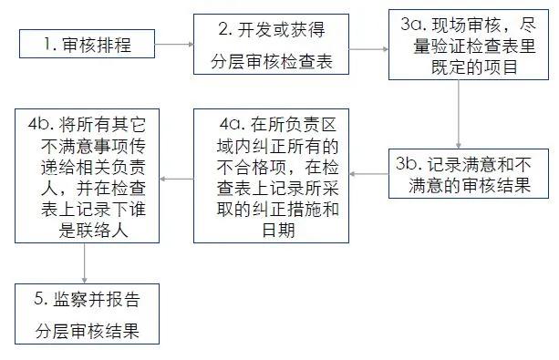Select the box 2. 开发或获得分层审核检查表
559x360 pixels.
point(271,45)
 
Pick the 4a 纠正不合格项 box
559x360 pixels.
point(271,174)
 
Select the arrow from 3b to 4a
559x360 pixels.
point(368,173)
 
